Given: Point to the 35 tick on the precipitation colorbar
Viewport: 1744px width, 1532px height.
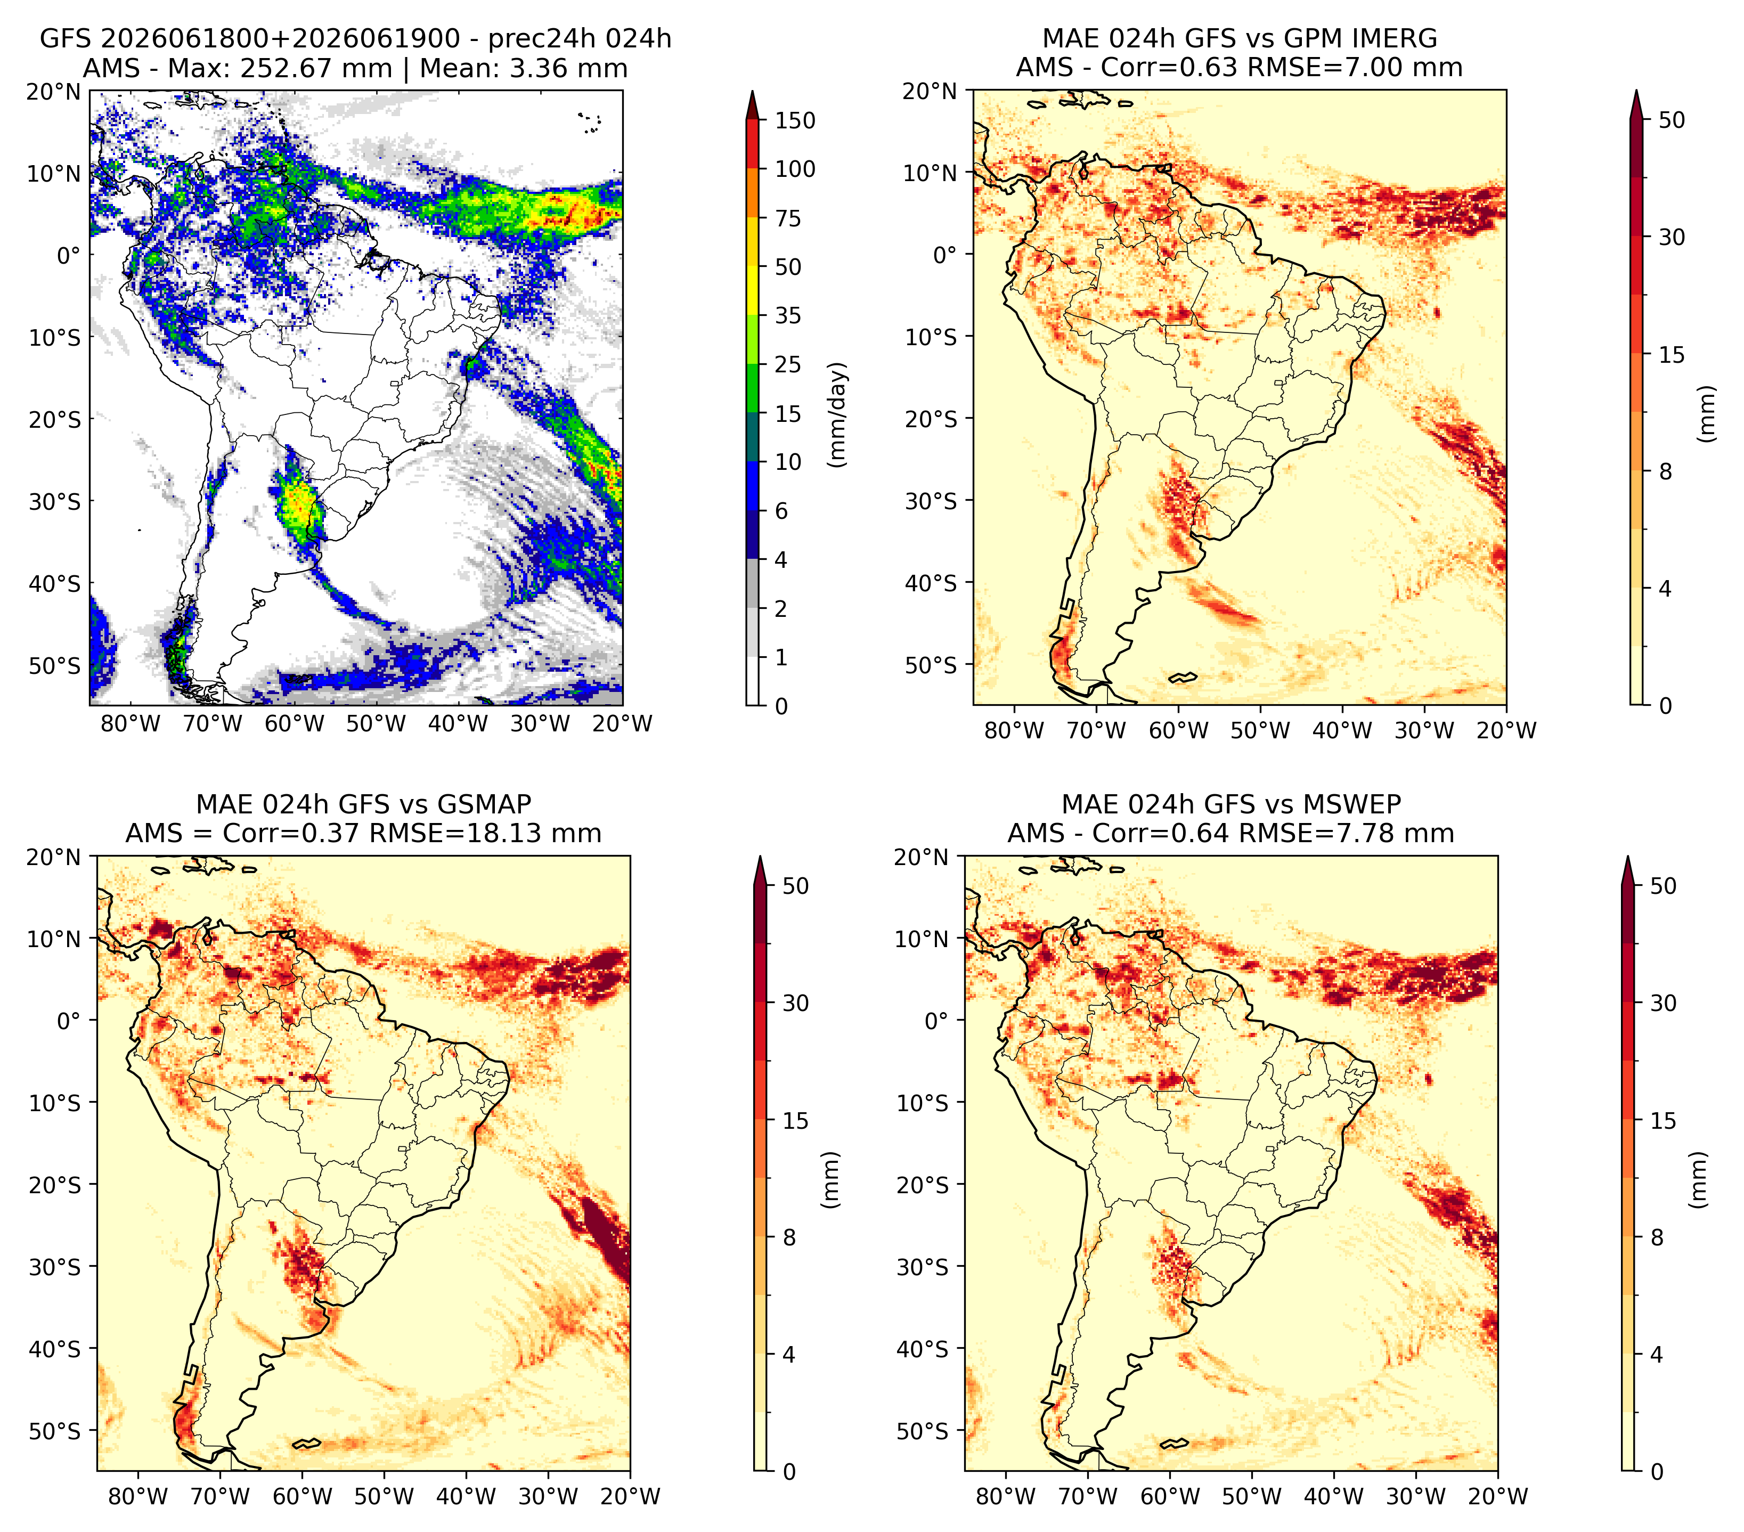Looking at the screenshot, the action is pyautogui.click(x=787, y=315).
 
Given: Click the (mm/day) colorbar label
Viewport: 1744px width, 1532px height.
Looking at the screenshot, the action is pyautogui.click(x=839, y=414).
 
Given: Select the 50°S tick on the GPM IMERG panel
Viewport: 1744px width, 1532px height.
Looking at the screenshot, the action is pyautogui.click(x=931, y=665).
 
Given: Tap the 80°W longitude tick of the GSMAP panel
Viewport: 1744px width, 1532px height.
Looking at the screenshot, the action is pyautogui.click(x=138, y=1496).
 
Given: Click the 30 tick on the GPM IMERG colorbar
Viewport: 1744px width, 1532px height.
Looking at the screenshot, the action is pyautogui.click(x=1672, y=237).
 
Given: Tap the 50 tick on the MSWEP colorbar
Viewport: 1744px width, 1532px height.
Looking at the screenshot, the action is pyautogui.click(x=1664, y=886).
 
